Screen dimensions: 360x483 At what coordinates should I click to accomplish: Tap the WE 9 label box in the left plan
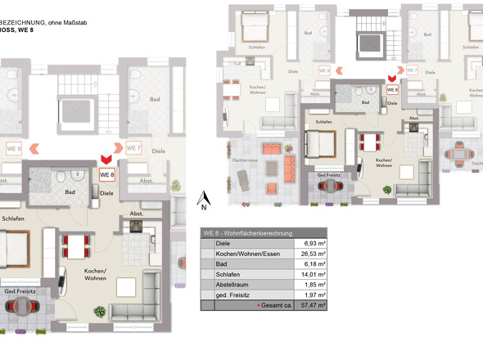[14, 149]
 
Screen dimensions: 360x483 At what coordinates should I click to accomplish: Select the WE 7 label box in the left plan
[134, 148]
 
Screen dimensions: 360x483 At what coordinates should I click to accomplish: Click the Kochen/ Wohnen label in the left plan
[97, 274]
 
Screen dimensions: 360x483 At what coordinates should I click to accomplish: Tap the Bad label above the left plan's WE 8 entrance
[155, 99]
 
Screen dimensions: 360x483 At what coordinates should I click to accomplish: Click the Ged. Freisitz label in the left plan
[18, 292]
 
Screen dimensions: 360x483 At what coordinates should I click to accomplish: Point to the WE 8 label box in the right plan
[391, 90]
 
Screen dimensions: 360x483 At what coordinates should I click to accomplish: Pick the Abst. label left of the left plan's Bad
[5, 181]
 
